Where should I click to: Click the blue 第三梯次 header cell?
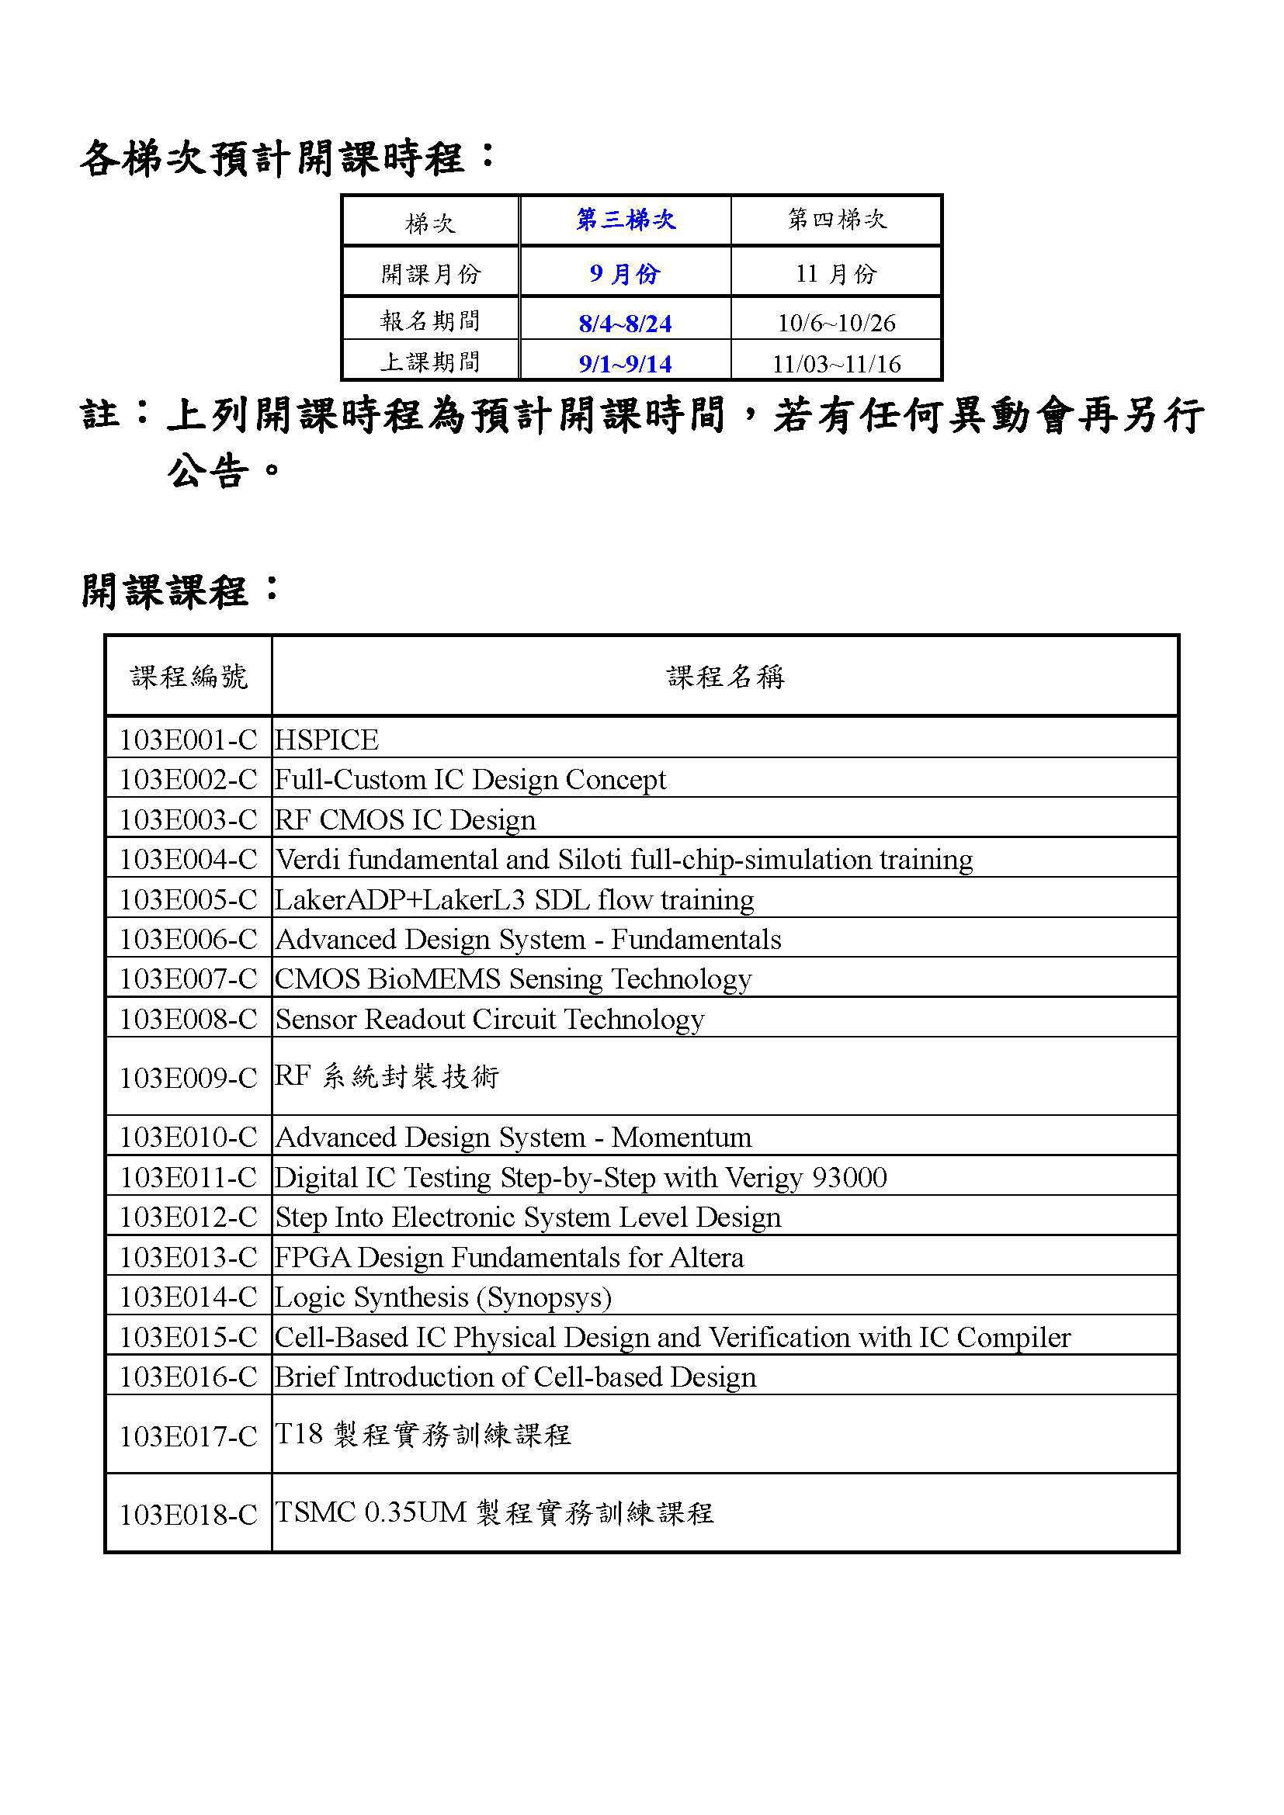[626, 220]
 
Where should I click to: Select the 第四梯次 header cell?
[837, 220]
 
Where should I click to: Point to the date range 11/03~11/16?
[837, 364]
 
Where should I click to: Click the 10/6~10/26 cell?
[837, 323]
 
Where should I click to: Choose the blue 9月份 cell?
[625, 273]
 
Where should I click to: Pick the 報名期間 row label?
[430, 320]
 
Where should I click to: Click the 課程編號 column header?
[189, 677]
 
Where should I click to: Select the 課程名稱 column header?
[725, 677]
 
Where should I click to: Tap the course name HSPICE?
[327, 740]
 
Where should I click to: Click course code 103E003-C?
[188, 819]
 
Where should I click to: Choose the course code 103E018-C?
[188, 1515]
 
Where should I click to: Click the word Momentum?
[682, 1137]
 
